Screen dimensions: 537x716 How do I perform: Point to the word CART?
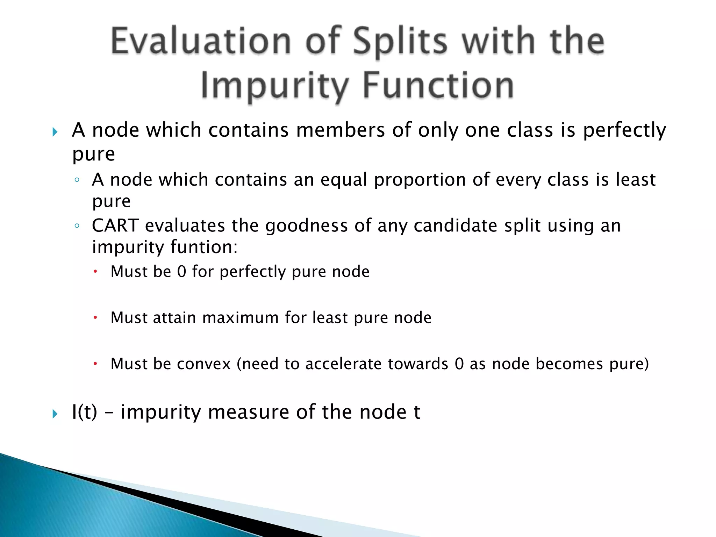[115, 225]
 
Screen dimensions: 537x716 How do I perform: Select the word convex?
[204, 364]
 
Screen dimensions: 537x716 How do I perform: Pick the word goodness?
[306, 225]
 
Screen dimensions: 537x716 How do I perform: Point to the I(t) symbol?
[84, 412]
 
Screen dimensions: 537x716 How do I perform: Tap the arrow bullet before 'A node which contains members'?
[55, 132]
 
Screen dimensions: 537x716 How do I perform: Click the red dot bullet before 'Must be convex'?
[95, 364]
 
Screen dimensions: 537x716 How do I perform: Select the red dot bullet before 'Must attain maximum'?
[95, 318]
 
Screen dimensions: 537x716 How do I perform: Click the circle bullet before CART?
[77, 226]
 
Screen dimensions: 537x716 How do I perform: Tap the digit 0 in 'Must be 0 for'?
[182, 272]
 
